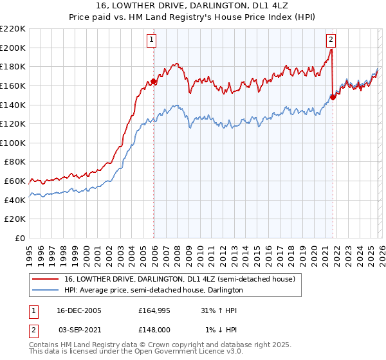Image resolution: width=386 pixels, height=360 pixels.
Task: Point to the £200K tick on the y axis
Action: (14, 48)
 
